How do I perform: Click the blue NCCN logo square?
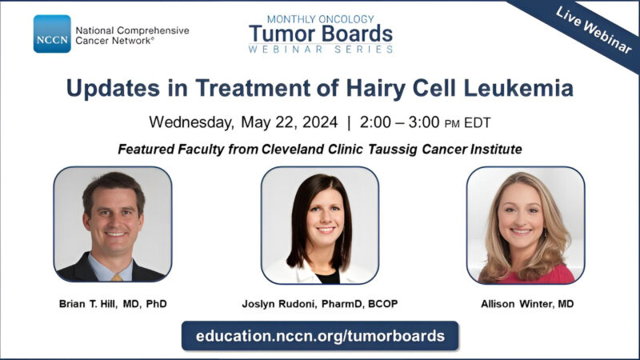pyautogui.click(x=52, y=34)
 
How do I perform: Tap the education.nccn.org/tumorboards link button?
pyautogui.click(x=320, y=335)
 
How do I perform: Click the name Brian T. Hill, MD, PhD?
pyautogui.click(x=112, y=305)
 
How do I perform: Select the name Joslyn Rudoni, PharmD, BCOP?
pyautogui.click(x=320, y=305)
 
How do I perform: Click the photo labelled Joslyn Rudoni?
pyautogui.click(x=320, y=225)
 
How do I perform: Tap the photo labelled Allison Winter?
pyautogui.click(x=526, y=225)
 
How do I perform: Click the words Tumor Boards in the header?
pyautogui.click(x=320, y=34)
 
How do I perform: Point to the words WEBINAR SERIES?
pyautogui.click(x=320, y=50)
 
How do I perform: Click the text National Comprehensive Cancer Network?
pyautogui.click(x=132, y=34)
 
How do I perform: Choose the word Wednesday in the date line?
pyautogui.click(x=189, y=123)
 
